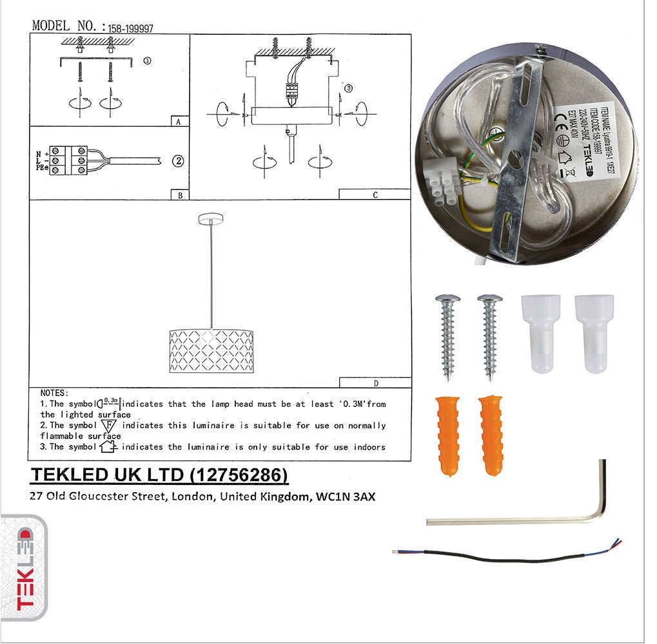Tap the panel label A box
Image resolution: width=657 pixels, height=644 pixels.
(x=178, y=120)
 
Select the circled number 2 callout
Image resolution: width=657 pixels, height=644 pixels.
(x=178, y=160)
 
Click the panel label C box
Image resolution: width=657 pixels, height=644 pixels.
(x=375, y=194)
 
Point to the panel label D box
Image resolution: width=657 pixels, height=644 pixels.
(x=375, y=383)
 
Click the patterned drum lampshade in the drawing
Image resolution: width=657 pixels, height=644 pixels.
(x=211, y=351)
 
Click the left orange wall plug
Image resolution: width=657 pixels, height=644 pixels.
(x=447, y=435)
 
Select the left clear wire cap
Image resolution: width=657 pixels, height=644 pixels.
(x=540, y=333)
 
